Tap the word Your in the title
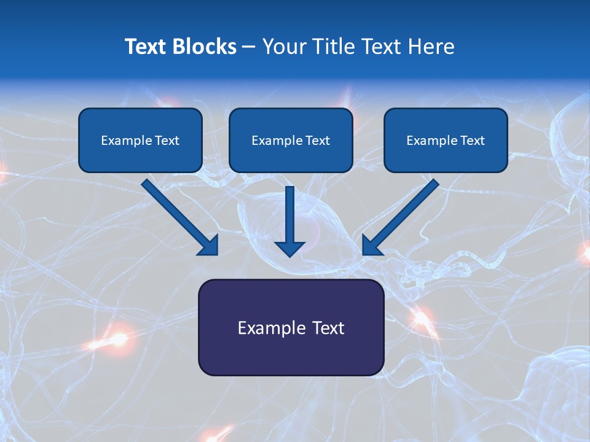click(285, 47)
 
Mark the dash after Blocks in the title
click(249, 47)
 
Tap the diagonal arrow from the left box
click(178, 215)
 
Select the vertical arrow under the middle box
click(289, 215)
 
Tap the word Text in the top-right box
click(472, 141)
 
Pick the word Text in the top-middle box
click(317, 141)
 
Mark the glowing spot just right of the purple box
click(421, 317)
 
